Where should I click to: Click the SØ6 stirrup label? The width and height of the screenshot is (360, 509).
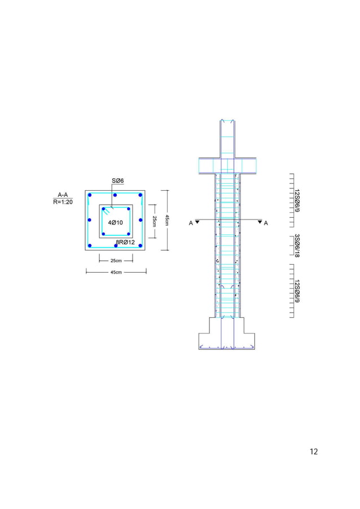(x=118, y=181)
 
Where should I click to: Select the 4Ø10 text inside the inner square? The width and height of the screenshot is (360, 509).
(x=116, y=222)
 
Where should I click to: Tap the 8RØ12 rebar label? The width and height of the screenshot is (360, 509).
(x=125, y=242)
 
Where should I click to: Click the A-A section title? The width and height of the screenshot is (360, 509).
(x=63, y=195)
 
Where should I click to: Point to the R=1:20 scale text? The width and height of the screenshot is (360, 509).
(x=63, y=202)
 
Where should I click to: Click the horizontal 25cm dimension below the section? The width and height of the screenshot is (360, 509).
(x=116, y=261)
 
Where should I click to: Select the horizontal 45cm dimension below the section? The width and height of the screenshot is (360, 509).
(x=116, y=273)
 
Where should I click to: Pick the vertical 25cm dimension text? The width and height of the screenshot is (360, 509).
(x=154, y=221)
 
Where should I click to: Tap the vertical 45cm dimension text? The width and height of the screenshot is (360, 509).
(x=167, y=220)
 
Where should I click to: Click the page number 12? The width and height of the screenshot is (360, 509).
(x=314, y=451)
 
